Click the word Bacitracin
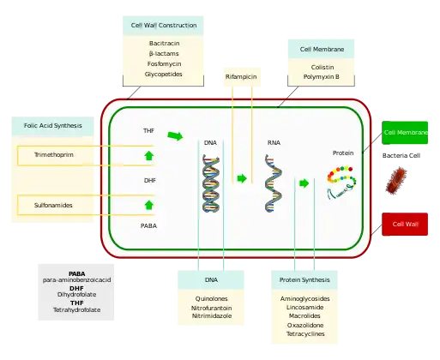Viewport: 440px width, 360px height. coord(163,42)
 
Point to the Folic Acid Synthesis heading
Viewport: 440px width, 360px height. coord(53,126)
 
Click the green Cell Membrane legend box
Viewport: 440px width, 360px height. coord(406,133)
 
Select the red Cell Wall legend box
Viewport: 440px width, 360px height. coord(406,225)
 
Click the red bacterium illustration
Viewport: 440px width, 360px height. coord(399,178)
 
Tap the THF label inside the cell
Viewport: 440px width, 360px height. coord(149,130)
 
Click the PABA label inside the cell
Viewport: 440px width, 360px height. coord(149,226)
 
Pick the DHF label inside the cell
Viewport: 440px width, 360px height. coord(149,181)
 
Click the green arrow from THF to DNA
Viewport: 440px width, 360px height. coord(175,135)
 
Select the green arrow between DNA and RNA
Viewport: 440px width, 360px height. coord(242,178)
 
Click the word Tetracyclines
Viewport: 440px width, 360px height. coord(304,335)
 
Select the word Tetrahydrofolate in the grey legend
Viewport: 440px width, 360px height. coord(77,309)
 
